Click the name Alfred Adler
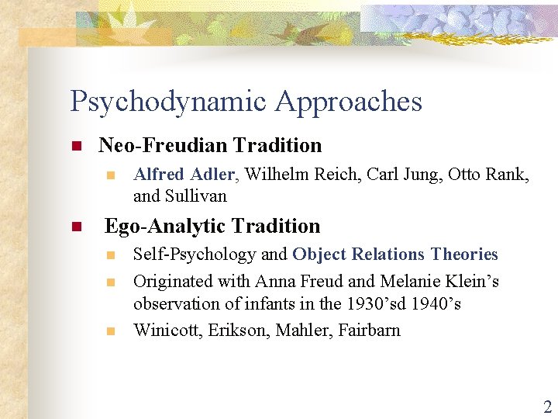(184, 175)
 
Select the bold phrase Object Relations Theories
(395, 255)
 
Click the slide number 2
(546, 407)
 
